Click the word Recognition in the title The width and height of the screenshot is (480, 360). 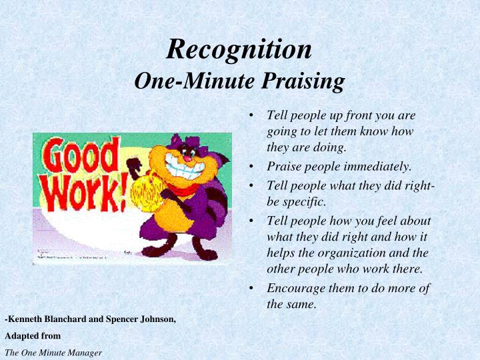click(x=239, y=49)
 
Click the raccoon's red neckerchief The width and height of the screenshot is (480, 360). click(x=184, y=189)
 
